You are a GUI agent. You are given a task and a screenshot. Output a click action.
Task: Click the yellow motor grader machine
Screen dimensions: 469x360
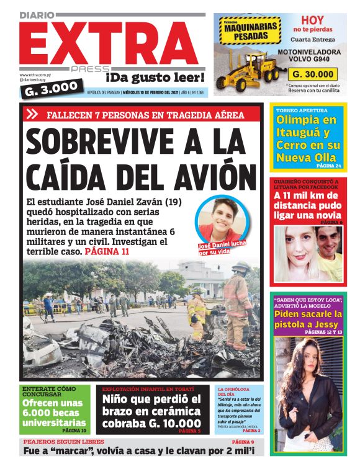coord(248,62)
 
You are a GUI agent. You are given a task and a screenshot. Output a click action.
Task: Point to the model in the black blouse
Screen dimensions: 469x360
coord(307,391)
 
